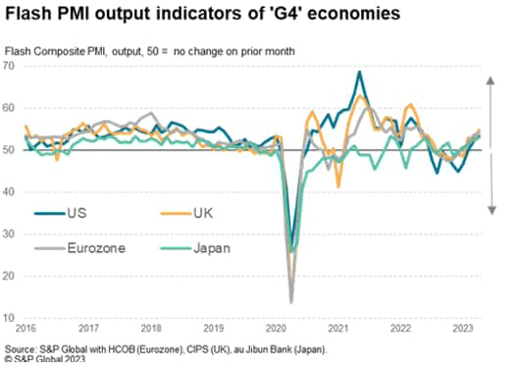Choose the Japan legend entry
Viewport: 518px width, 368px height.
pos(211,248)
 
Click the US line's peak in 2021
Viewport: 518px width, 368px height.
pos(360,72)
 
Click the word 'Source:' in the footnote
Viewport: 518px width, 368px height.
pos(21,349)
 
